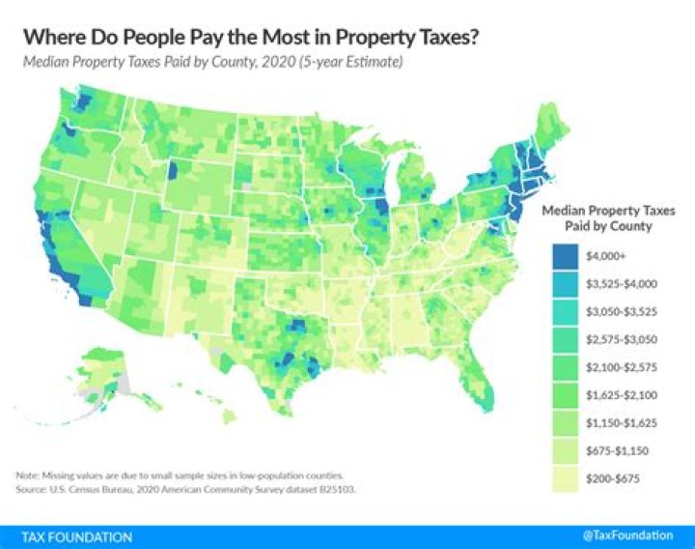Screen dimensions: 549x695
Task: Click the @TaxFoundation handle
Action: click(628, 536)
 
